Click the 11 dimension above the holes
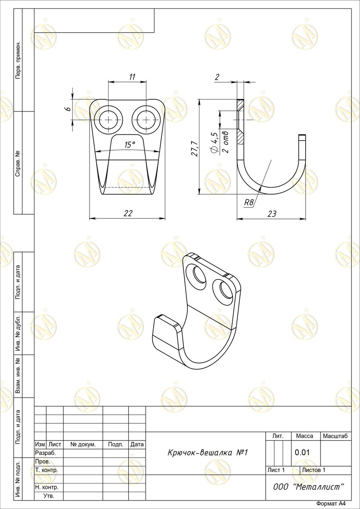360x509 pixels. pos(132,77)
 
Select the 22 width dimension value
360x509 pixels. pos(128,213)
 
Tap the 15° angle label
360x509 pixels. pos(129,145)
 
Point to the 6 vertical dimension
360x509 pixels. pos(69,109)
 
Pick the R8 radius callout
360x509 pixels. pos(248,202)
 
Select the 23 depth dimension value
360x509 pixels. pos(272,214)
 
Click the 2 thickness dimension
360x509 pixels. pos(217,77)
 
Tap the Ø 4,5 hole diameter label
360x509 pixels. pos(214,143)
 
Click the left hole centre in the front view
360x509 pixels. pos(109,120)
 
